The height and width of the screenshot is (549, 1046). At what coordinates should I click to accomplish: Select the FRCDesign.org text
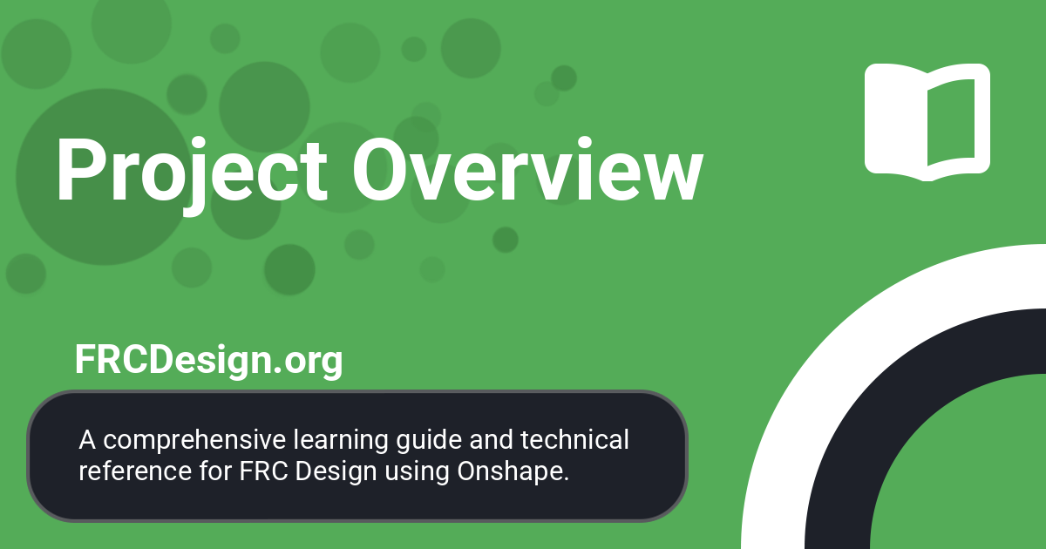pos(208,360)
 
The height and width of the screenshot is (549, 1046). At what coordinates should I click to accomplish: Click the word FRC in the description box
pos(259,471)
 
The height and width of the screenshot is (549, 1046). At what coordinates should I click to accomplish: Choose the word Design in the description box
pos(336,471)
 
